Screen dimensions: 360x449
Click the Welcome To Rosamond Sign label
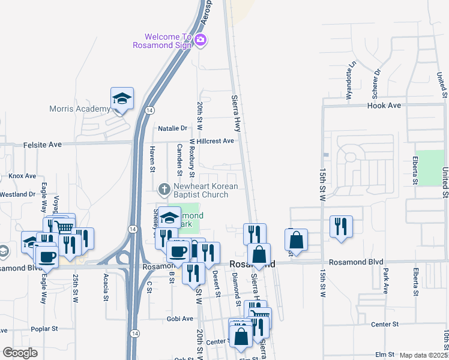tap(163, 40)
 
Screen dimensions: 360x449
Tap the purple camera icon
tap(200, 41)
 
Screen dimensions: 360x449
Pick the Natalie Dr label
tap(172, 128)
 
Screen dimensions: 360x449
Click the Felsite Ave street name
tap(43, 145)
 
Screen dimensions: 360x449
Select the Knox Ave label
tap(22, 176)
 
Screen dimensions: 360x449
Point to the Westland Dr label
tap(17, 194)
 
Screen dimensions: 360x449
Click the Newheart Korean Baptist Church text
tap(200, 190)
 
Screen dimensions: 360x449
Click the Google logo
tap(20, 353)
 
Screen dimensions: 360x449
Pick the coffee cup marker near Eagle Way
tap(47, 256)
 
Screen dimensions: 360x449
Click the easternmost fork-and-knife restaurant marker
tap(341, 227)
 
